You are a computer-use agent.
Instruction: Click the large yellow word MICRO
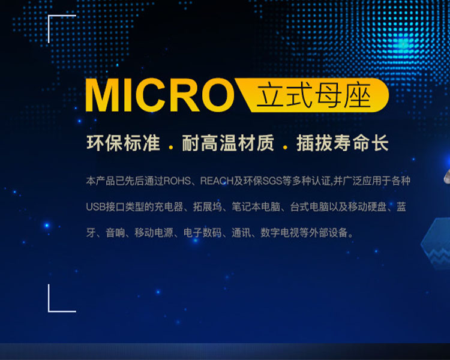tap(160, 95)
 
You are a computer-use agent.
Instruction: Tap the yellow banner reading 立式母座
tap(312, 95)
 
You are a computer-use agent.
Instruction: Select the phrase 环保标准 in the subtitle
tap(123, 143)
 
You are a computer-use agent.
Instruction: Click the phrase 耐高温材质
tap(228, 143)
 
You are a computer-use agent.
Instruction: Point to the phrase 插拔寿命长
tap(343, 143)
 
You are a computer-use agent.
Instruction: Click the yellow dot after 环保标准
tap(172, 148)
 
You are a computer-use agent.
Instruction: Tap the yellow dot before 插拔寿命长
tap(285, 148)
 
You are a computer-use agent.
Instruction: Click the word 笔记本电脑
tap(256, 206)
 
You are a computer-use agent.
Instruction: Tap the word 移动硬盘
tap(367, 206)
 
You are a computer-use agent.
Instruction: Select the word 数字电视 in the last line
tap(280, 233)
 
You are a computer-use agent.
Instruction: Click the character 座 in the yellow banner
tap(358, 95)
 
